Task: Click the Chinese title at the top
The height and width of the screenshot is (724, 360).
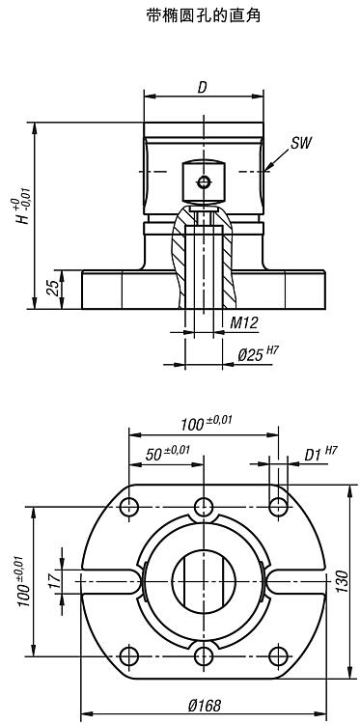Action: point(203,15)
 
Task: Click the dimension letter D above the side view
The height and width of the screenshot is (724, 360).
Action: point(202,88)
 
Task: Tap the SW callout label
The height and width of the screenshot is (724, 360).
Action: point(301,143)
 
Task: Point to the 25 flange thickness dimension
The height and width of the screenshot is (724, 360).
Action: point(53,288)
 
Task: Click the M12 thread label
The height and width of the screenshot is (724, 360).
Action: point(244,322)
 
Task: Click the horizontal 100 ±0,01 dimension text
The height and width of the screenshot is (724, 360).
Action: point(207,423)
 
